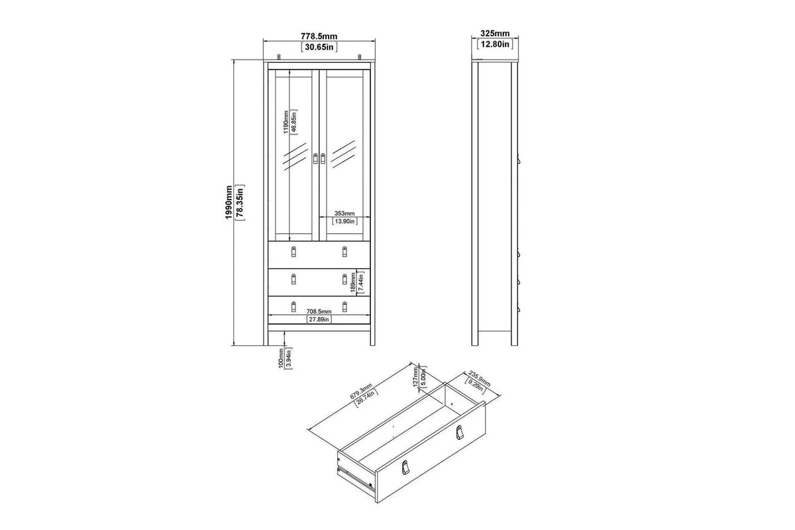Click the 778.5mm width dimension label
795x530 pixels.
coord(319,36)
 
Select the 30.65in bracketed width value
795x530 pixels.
coord(319,47)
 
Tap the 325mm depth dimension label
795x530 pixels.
coord(495,33)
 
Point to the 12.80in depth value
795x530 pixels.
coord(495,44)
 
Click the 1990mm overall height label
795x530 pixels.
coord(229,202)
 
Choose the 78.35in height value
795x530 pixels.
coord(240,202)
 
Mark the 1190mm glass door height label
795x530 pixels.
coord(286,122)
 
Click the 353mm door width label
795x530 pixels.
coord(344,213)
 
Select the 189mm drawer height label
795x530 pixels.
coord(353,283)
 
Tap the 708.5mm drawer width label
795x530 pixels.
coord(319,311)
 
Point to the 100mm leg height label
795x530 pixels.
coord(281,358)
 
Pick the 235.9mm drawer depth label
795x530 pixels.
coord(479,378)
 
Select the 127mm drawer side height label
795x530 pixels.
coord(415,377)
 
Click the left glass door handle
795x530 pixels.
coord(315,158)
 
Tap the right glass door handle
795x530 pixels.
coord(323,158)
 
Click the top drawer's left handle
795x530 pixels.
coord(293,251)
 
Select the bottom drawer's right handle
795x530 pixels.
coord(344,307)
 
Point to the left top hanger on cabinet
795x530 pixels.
coord(279,57)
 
